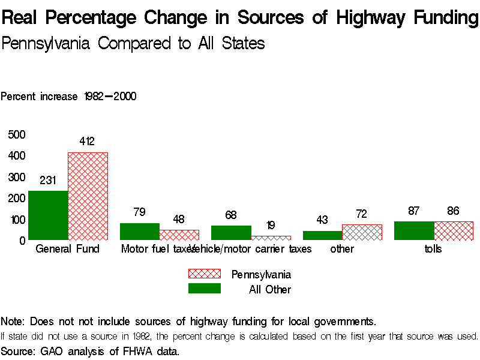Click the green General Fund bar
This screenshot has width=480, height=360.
[x=48, y=215]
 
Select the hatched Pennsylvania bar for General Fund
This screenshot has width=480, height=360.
[x=88, y=196]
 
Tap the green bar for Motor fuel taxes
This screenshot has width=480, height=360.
[x=139, y=232]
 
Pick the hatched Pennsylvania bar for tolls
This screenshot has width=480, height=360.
[x=454, y=231]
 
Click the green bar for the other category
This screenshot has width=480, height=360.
[x=322, y=236]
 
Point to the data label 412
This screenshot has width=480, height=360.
[x=87, y=142]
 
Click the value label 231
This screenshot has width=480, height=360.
[x=48, y=180]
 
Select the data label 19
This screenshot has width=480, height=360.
[x=270, y=226]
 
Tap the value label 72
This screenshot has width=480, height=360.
[x=362, y=214]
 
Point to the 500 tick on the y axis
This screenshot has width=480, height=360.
[x=17, y=134]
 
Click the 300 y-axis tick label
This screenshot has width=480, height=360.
[x=17, y=177]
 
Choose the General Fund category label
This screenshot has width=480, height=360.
[x=68, y=249]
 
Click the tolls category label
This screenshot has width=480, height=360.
[x=433, y=249]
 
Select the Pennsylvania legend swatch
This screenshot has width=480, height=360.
[x=205, y=274]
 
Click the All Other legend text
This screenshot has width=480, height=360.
[x=270, y=290]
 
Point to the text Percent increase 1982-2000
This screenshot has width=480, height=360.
[x=68, y=97]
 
